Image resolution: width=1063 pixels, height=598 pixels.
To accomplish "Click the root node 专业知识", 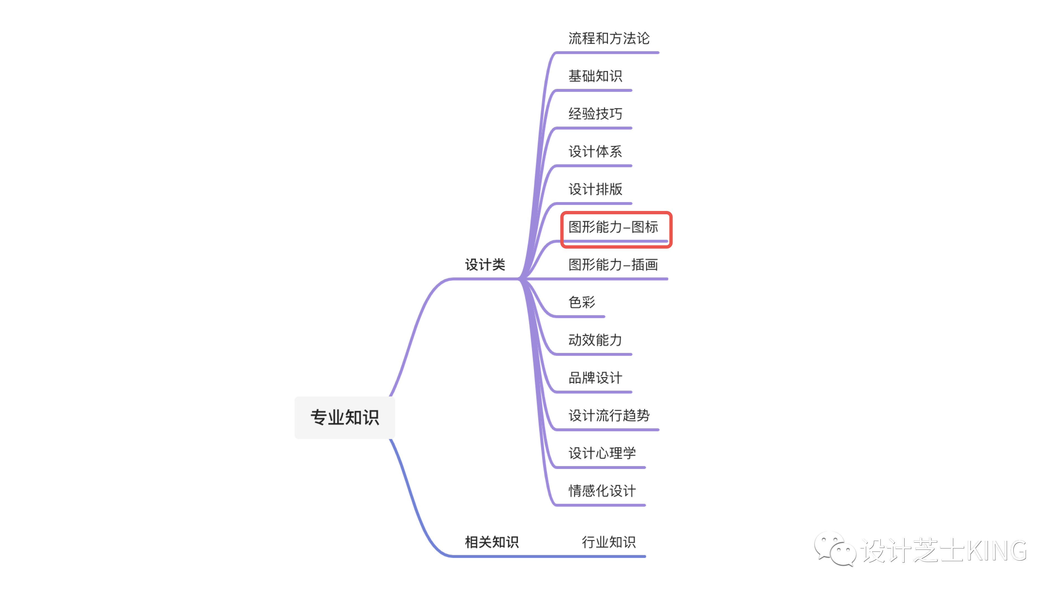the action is pos(345,417).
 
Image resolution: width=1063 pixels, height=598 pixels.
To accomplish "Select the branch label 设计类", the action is pos(485,265).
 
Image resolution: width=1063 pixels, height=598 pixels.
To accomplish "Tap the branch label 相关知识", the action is pos(491,542).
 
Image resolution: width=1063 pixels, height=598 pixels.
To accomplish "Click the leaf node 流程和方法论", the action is pos(609,38).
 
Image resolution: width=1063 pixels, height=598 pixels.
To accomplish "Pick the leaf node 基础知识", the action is pos(595,76).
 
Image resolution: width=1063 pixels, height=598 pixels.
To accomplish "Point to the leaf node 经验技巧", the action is pos(595,114).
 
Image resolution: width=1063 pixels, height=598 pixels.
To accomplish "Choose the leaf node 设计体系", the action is pos(595,151).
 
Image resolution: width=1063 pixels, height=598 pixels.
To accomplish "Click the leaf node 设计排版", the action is pos(595,189).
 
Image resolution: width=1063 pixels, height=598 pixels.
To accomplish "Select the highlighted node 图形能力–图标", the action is pos(613,227).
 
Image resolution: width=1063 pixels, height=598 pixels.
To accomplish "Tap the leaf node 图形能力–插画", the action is pos(613,265).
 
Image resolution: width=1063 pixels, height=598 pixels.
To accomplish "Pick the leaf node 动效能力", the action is pos(595,340).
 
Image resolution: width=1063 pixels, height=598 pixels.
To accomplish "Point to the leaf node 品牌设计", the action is pos(595,378).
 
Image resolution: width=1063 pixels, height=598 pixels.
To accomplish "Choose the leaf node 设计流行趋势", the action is pos(609,415).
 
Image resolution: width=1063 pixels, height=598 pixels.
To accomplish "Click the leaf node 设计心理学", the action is pos(602,453).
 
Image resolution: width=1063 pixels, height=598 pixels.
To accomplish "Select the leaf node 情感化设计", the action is pos(602,491).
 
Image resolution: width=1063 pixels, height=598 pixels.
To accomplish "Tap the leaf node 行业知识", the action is pos(609,542).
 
